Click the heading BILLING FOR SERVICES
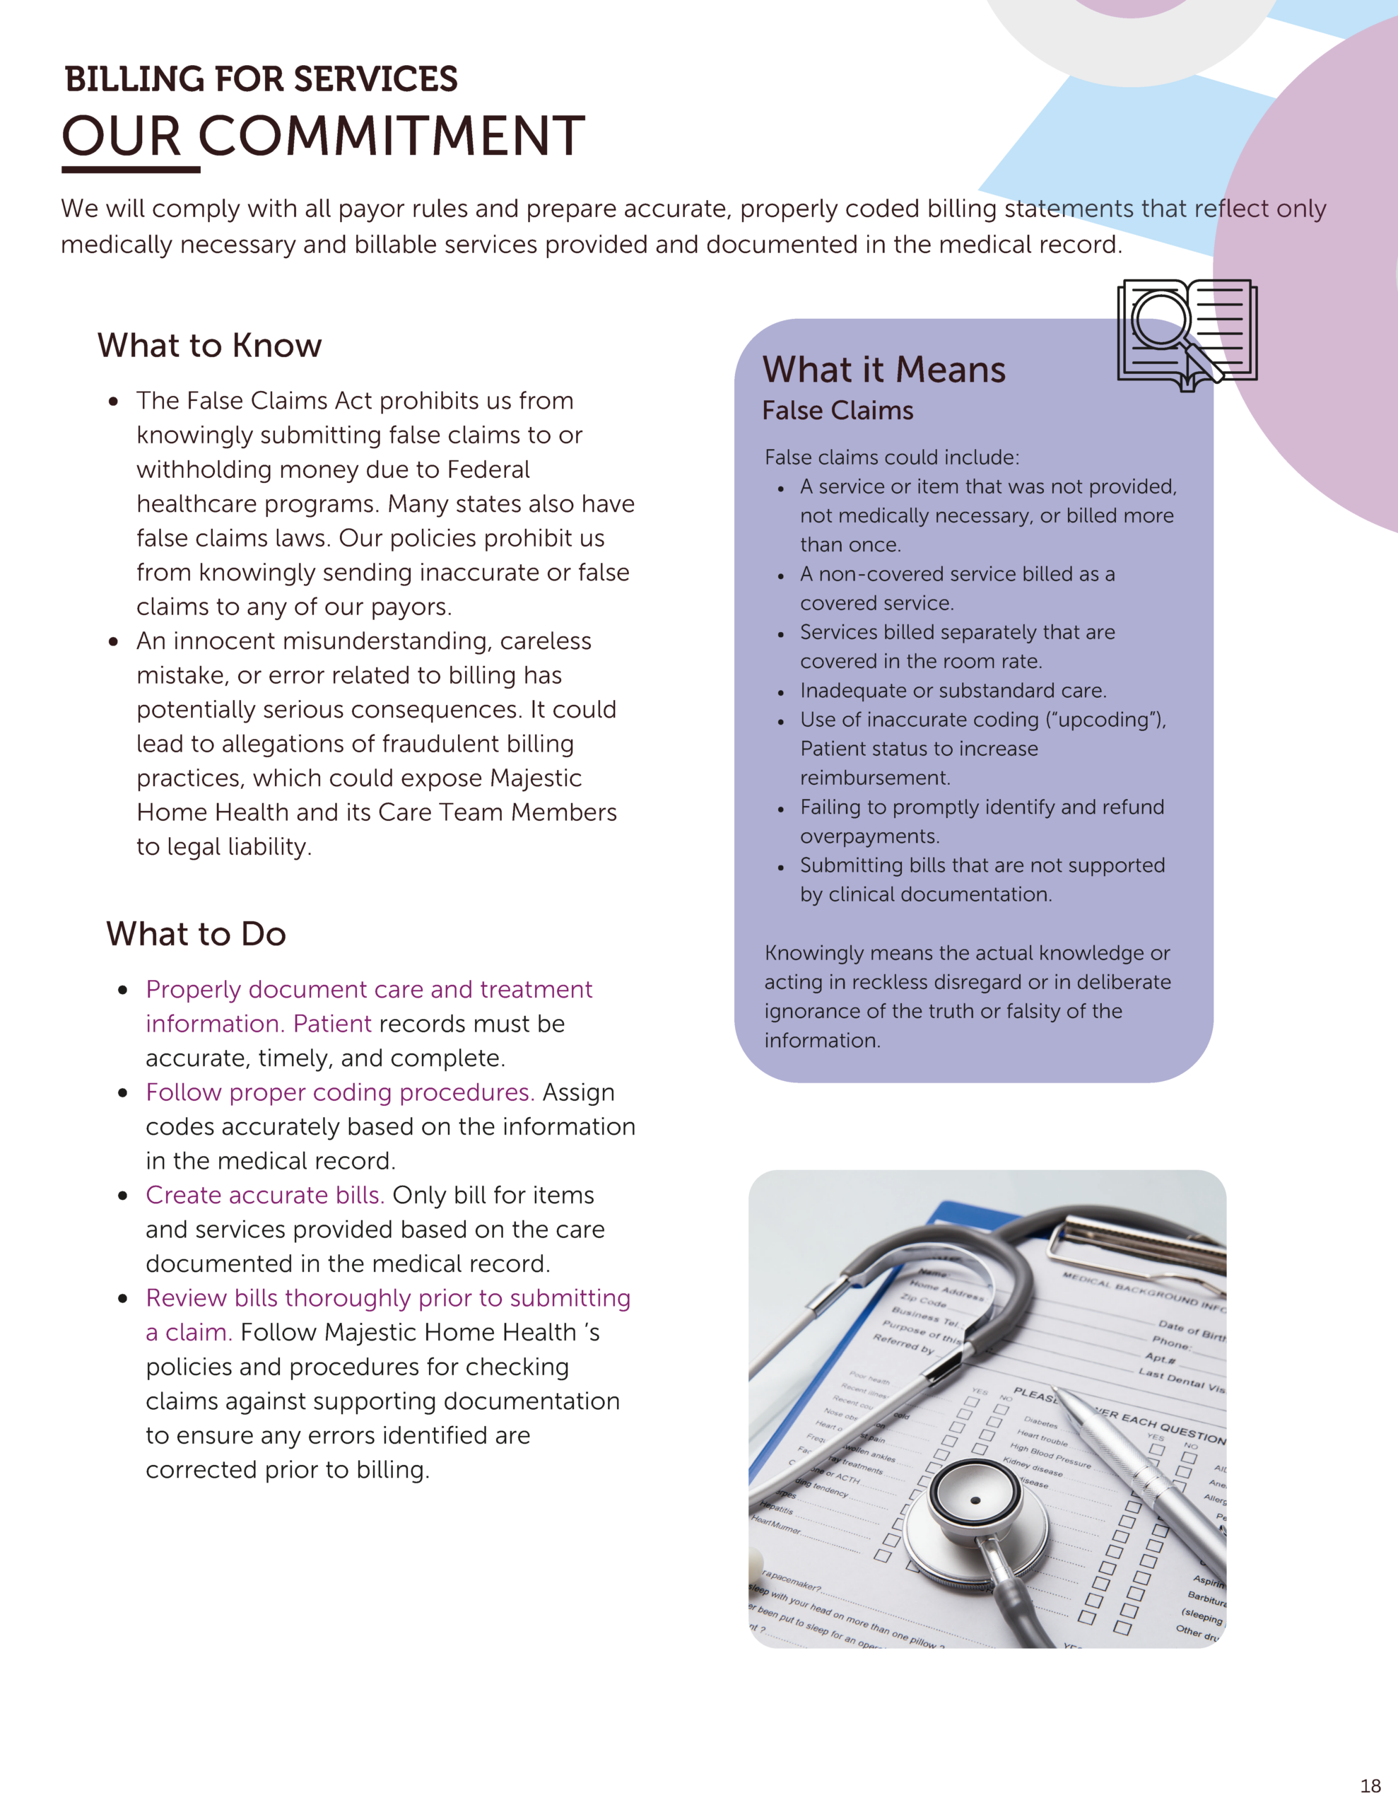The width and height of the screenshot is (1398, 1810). click(x=261, y=80)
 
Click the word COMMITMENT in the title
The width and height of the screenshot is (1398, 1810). click(x=391, y=136)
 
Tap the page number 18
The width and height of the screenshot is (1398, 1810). click(x=1370, y=1785)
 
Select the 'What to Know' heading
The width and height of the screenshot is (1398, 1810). click(x=210, y=346)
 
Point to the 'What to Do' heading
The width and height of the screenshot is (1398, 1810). click(x=196, y=934)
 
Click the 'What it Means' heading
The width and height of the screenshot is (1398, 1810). click(x=883, y=370)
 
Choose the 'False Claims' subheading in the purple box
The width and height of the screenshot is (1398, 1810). click(x=838, y=411)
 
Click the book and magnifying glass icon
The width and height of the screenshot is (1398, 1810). click(x=1187, y=334)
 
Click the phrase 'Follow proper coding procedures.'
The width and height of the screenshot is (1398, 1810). click(x=340, y=1092)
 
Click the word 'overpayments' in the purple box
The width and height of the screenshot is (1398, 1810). click(x=868, y=836)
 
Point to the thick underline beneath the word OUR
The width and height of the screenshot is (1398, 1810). click(x=131, y=170)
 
